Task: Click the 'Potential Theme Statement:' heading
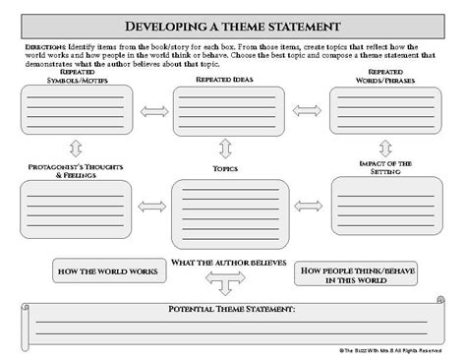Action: [232, 310]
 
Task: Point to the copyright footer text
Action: [390, 348]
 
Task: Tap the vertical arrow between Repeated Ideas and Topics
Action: [226, 149]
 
